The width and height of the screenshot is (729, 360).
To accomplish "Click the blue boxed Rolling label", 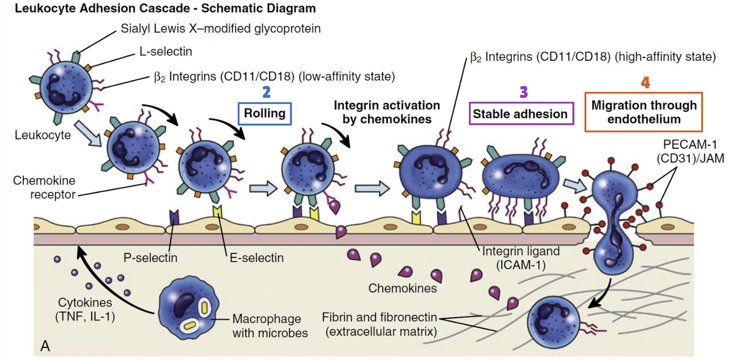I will pyautogui.click(x=264, y=113).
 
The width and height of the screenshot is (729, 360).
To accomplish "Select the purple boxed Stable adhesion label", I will pyautogui.click(x=521, y=114).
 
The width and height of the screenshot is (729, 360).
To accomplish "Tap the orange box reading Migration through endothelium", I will pyautogui.click(x=643, y=112).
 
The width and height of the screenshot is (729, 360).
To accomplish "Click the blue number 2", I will pyautogui.click(x=266, y=92).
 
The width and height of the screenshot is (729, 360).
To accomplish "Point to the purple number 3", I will pyautogui.click(x=523, y=92).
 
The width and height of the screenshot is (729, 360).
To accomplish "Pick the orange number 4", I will pyautogui.click(x=645, y=82).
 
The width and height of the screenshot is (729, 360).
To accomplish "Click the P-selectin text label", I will pyautogui.click(x=150, y=258).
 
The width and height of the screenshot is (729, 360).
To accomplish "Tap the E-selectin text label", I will pyautogui.click(x=257, y=258).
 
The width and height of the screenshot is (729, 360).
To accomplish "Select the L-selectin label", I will pyautogui.click(x=166, y=52).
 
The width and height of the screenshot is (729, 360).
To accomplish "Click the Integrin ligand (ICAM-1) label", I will pyautogui.click(x=521, y=258).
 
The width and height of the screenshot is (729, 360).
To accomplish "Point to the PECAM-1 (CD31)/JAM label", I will pyautogui.click(x=690, y=151).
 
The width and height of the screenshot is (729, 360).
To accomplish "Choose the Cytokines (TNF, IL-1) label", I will pyautogui.click(x=85, y=310).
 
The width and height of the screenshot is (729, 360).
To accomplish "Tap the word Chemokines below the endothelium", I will pyautogui.click(x=402, y=288).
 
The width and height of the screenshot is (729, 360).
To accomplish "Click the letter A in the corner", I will pyautogui.click(x=45, y=346).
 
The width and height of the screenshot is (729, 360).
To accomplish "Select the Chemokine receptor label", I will pyautogui.click(x=44, y=187).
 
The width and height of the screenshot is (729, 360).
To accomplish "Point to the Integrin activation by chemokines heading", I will pyautogui.click(x=386, y=112).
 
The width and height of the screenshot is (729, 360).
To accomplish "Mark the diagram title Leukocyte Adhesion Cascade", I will pyautogui.click(x=165, y=8).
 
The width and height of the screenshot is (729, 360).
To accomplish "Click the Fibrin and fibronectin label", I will pyautogui.click(x=380, y=324).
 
